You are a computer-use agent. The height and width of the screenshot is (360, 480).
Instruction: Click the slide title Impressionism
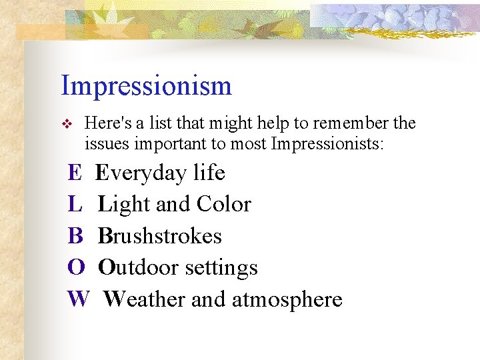pos(146,86)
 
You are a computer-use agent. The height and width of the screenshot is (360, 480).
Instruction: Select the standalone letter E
pos(75,173)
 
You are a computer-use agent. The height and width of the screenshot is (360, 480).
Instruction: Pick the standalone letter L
pos(75,205)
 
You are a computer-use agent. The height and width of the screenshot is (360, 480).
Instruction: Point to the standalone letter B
pos(75,236)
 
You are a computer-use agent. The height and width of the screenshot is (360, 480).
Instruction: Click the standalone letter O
pos(76,267)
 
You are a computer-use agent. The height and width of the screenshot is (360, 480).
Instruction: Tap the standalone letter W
pos(78,299)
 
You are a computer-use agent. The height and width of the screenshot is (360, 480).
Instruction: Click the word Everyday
pos(141,173)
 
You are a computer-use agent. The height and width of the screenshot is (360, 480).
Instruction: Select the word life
pos(209,173)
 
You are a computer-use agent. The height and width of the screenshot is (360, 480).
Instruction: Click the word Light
pos(124,205)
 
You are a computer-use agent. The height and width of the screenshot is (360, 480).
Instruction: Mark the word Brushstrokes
pos(160,236)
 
